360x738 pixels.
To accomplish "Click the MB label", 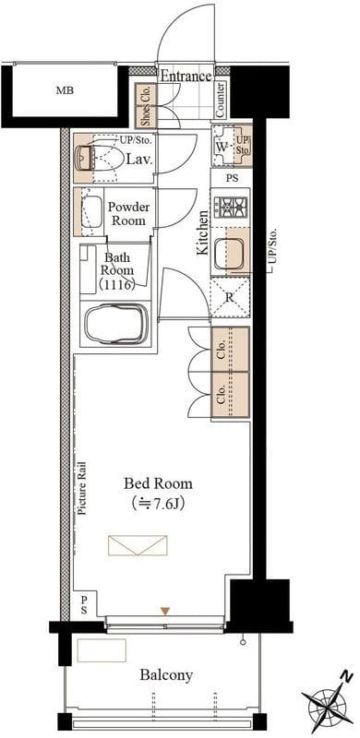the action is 65,90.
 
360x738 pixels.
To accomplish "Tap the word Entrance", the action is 186,76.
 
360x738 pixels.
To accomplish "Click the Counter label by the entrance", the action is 220,100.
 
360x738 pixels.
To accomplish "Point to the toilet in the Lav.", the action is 95,158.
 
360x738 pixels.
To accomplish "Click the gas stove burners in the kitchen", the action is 231,206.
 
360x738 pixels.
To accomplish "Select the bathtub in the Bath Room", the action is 116,324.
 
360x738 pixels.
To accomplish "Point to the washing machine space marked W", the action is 222,146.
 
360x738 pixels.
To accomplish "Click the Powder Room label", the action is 128,214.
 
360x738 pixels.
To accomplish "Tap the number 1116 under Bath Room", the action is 117,284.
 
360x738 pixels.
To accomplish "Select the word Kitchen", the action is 202,232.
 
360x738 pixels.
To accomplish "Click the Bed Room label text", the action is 159,483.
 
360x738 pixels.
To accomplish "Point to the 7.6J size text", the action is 159,504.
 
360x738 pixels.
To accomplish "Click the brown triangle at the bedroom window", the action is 164,611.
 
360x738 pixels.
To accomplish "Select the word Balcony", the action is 166,675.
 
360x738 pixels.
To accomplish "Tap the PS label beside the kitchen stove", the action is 232,178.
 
